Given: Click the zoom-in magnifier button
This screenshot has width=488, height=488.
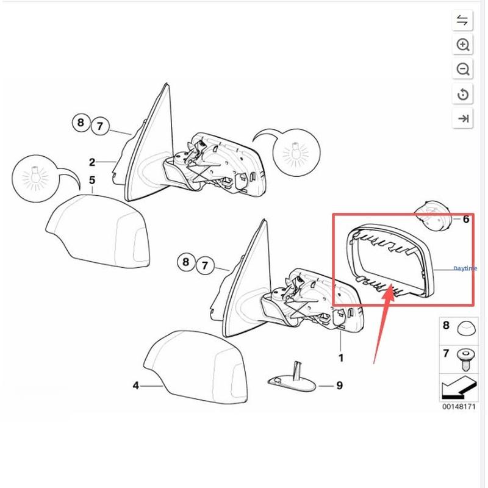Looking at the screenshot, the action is point(462,45).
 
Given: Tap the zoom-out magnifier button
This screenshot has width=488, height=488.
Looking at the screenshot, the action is point(462,69).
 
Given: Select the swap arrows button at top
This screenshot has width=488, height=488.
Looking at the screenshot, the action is point(462,21).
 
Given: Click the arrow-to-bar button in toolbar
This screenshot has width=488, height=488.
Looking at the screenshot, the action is point(462,118).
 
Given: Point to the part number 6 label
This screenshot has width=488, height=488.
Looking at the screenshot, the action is point(466,219).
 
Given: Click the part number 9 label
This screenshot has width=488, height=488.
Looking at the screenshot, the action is point(340,386).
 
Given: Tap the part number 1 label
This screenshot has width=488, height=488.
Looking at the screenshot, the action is point(341,358).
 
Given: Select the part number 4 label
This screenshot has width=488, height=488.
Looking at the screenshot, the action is point(135,386).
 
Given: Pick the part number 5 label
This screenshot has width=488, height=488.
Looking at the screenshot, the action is point(92,180).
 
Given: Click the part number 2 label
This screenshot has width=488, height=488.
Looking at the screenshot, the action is point(92,162).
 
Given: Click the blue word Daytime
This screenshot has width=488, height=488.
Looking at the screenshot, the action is point(465,268).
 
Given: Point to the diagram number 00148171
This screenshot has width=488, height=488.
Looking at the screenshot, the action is point(459,407).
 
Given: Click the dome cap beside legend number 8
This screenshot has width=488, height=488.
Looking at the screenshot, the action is point(467,328).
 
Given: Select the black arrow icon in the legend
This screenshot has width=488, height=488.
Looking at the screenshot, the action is point(459,388).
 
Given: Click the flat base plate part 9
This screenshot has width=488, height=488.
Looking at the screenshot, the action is point(292,382).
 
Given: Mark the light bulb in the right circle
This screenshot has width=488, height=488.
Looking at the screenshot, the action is point(296,151).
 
